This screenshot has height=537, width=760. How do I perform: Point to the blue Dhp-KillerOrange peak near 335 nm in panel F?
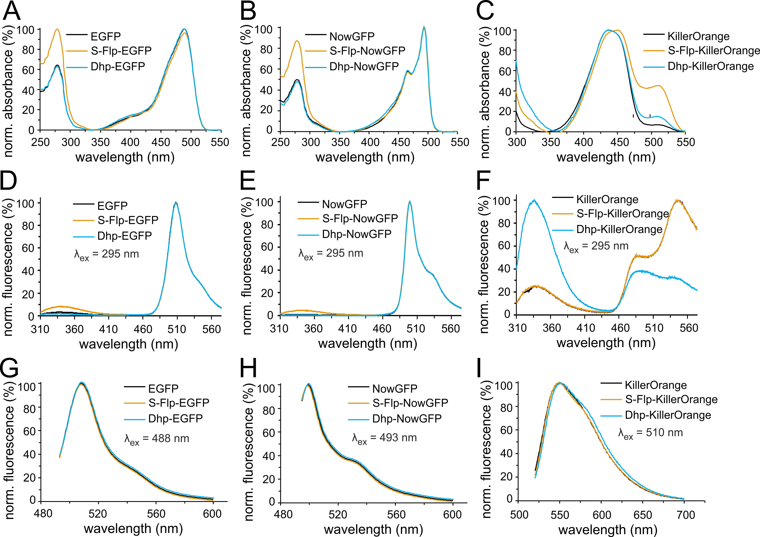coord(534,200)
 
